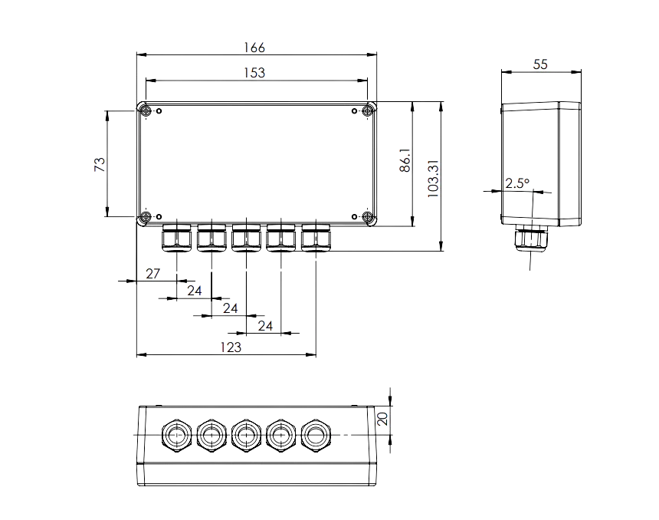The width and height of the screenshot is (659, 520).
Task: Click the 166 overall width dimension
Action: [254, 48]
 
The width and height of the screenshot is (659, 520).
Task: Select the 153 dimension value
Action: [254, 73]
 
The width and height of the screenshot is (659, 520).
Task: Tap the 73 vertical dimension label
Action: [100, 164]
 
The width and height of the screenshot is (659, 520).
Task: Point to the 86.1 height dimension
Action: [405, 160]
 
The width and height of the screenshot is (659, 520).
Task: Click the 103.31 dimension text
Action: [433, 179]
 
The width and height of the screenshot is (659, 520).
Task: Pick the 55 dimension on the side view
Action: [540, 64]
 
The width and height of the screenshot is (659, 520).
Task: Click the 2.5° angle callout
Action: [517, 183]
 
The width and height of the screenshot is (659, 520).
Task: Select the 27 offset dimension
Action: [153, 274]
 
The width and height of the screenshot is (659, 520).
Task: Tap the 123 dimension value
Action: [231, 347]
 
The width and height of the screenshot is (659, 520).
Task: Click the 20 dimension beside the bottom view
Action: [382, 419]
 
